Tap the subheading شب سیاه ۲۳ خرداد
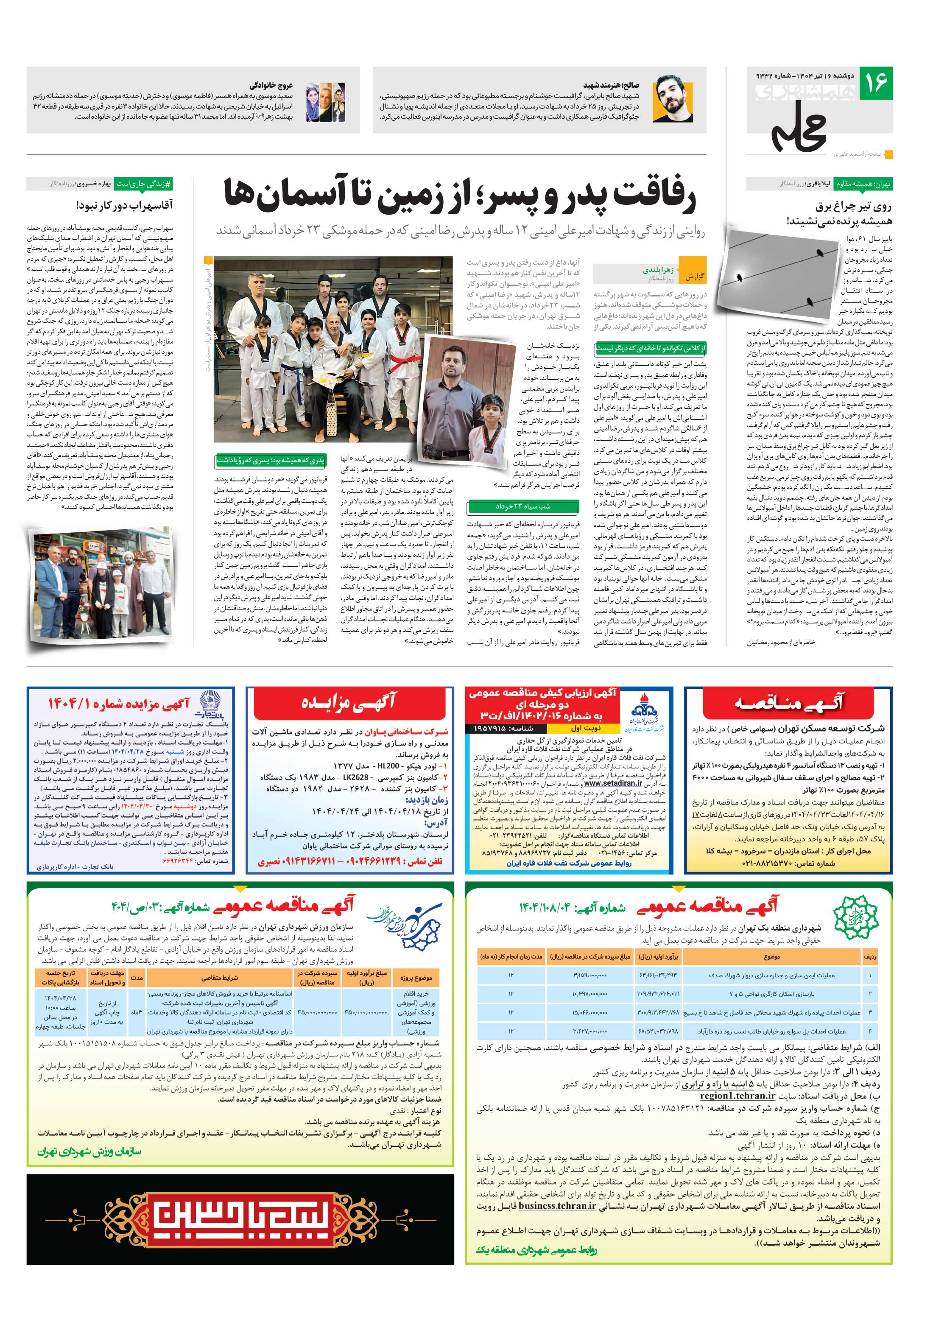click(522, 506)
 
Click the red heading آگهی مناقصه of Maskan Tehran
click(788, 704)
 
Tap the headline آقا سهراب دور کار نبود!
click(124, 205)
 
